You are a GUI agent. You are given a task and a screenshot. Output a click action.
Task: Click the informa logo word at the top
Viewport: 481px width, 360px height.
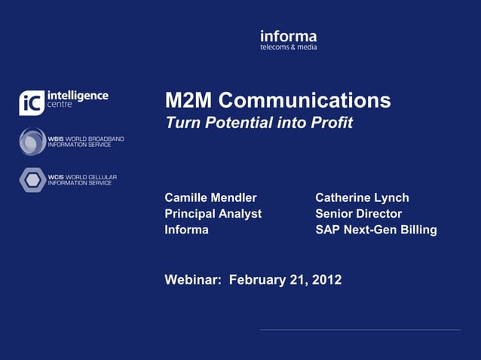click(288, 36)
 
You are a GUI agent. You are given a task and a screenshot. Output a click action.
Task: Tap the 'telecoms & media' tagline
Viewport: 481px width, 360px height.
click(288, 47)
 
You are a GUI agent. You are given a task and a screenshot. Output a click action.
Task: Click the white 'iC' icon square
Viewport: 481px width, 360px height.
click(31, 103)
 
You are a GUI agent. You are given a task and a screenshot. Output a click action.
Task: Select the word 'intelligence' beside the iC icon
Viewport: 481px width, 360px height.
click(77, 96)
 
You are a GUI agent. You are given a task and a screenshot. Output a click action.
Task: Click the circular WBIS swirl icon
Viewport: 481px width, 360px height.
click(32, 141)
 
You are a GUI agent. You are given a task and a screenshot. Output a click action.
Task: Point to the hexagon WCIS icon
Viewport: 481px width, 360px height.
click(32, 179)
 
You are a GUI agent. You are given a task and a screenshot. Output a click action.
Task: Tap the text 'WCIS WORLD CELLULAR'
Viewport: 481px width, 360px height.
click(82, 177)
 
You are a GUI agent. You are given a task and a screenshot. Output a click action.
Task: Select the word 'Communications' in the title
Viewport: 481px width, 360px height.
click(305, 101)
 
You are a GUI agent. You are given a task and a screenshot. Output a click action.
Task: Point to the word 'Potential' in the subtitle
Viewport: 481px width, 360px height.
click(235, 123)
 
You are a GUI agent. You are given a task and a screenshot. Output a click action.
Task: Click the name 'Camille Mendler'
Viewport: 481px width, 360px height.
click(210, 197)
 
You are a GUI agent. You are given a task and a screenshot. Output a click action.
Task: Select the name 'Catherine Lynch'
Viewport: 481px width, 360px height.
click(362, 197)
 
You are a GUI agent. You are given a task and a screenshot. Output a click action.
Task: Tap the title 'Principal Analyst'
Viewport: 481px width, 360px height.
click(213, 213)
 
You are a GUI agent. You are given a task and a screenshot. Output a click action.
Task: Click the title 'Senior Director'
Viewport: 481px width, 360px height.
click(358, 213)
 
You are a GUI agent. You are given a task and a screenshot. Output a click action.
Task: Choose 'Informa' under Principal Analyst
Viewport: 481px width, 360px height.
click(186, 230)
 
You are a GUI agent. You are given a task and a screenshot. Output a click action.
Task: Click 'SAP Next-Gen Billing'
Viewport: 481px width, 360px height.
click(375, 230)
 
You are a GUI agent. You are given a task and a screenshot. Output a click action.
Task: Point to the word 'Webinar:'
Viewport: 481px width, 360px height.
click(193, 280)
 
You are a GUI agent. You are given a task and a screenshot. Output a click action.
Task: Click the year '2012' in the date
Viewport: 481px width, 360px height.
click(326, 280)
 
